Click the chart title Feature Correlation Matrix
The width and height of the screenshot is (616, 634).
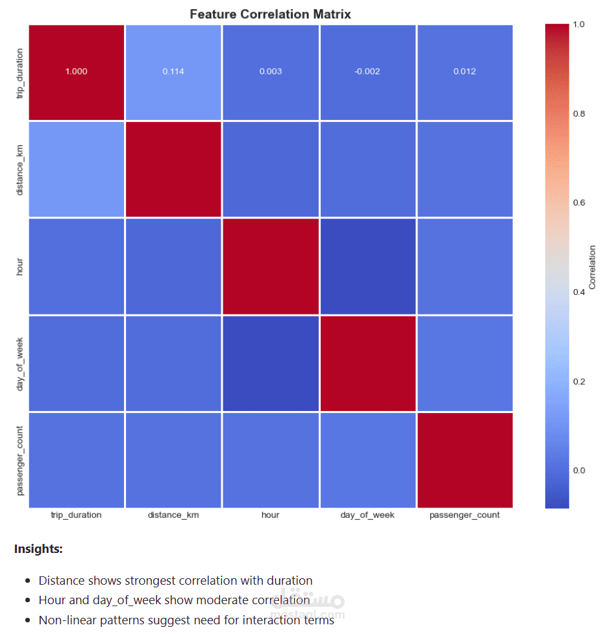[270, 14]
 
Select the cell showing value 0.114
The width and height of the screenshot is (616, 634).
[173, 71]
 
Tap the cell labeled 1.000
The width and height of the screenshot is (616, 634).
[76, 71]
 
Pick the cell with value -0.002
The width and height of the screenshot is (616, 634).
[367, 71]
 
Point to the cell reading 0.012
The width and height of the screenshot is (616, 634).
[465, 71]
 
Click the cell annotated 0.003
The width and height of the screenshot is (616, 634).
[271, 71]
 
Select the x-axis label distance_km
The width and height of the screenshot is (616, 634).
[173, 515]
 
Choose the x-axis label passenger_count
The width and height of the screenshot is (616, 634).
[465, 515]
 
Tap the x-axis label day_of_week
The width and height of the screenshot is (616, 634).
[367, 515]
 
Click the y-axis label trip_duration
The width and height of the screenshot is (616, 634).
[20, 72]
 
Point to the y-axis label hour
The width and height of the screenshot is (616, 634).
[20, 266]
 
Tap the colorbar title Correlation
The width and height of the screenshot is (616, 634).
[592, 266]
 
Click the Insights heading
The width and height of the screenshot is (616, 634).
[38, 549]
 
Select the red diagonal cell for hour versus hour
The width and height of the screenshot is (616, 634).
[271, 266]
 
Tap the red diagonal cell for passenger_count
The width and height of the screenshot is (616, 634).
[465, 460]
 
